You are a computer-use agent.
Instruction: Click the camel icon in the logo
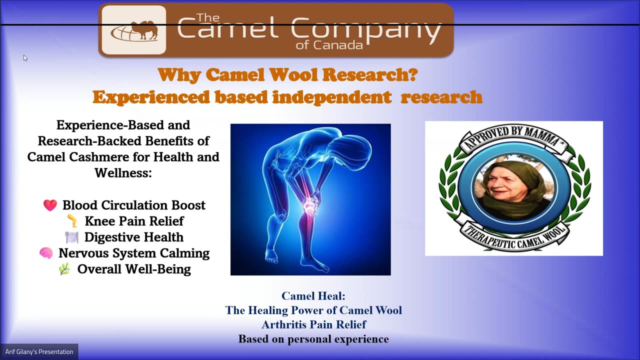click(145, 30)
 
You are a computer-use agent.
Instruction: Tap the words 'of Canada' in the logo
click(329, 45)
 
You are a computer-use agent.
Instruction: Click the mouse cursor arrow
click(25, 58)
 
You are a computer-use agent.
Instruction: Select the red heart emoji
click(50, 205)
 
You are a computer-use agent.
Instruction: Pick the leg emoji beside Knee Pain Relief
click(72, 221)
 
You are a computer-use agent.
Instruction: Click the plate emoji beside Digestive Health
click(71, 237)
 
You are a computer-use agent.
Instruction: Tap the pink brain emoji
click(46, 253)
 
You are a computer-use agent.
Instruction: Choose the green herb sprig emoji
click(64, 269)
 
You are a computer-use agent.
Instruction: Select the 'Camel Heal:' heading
click(313, 296)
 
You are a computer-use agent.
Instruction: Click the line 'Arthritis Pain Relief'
click(313, 324)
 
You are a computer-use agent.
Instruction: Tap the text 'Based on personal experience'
click(313, 339)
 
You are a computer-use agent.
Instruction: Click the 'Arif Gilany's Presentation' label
click(39, 351)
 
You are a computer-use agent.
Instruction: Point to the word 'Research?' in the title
click(370, 75)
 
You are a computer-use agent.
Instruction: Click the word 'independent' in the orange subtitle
click(331, 97)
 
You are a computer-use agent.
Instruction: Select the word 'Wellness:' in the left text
click(123, 172)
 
